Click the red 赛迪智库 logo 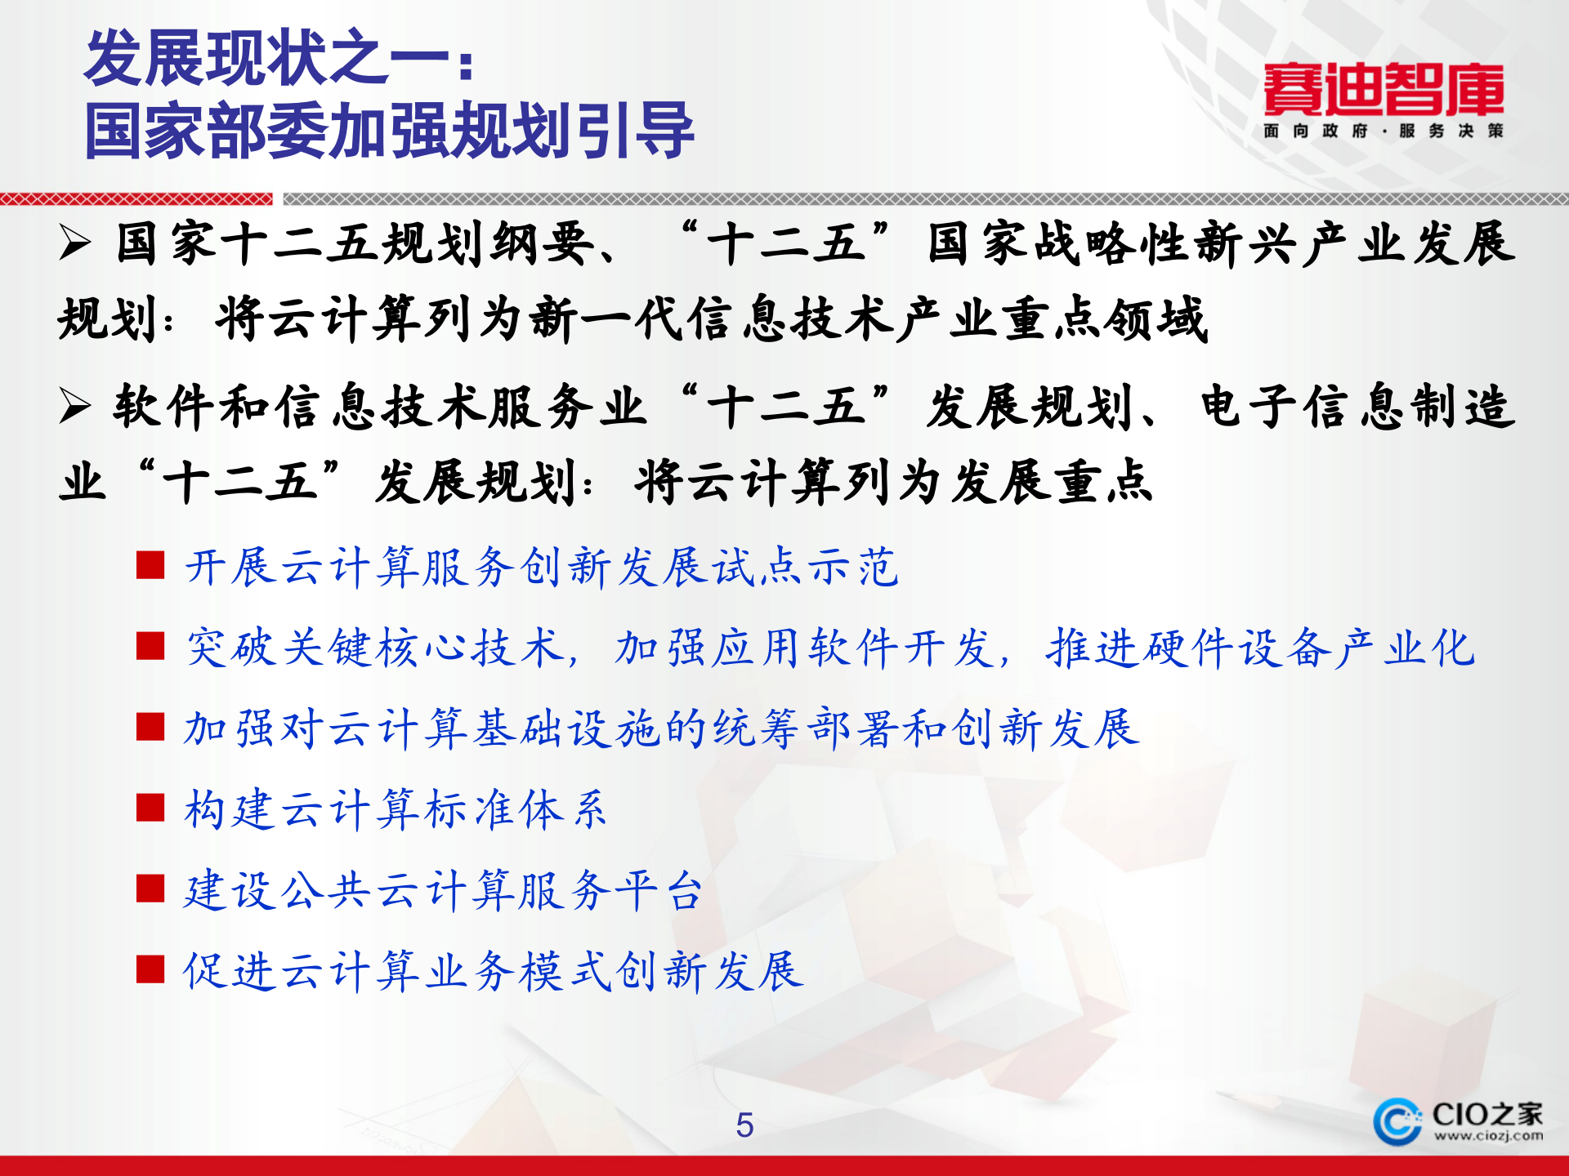[1383, 89]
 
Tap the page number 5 [744, 1125]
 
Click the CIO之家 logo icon [1397, 1121]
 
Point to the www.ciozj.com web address [1488, 1136]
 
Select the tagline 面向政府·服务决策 [1383, 131]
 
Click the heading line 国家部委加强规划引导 [389, 131]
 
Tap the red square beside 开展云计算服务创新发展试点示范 [150, 565]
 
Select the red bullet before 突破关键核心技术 [150, 646]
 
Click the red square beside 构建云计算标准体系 [150, 808]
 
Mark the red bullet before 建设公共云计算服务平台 [150, 889]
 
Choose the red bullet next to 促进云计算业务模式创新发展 [150, 969]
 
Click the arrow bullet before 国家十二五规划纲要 [75, 243]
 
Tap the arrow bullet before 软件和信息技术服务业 [75, 406]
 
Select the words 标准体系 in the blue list [516, 809]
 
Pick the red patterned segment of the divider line [136, 199]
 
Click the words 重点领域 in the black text [1106, 318]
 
